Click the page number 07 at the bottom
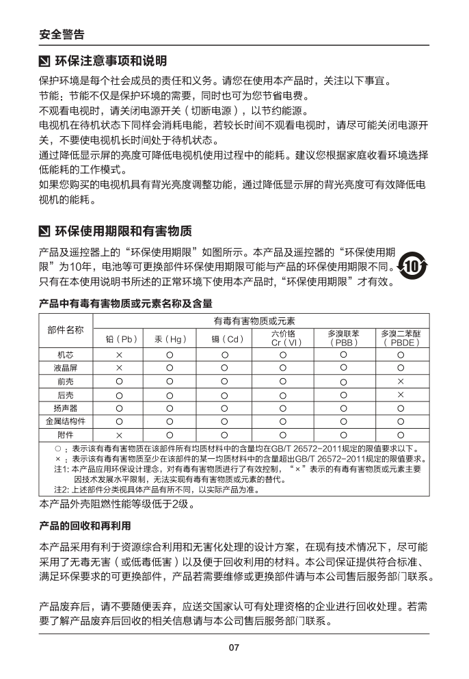point(234,648)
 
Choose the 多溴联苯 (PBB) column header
point(343,338)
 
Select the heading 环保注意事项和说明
point(110,62)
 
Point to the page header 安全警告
point(62,34)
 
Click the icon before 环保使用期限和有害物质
point(44,230)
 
